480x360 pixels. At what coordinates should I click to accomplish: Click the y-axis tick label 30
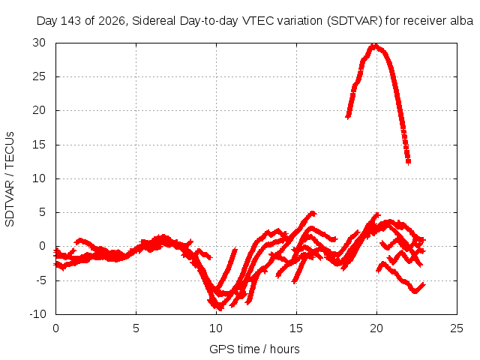click(x=39, y=43)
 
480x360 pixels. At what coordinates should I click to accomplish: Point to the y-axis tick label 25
click(x=39, y=76)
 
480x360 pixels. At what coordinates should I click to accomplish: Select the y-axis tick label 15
click(x=39, y=145)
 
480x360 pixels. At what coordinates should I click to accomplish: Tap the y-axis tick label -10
click(x=37, y=314)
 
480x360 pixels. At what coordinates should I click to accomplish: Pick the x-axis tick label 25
click(x=457, y=328)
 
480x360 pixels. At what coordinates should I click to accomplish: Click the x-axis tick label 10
click(x=216, y=328)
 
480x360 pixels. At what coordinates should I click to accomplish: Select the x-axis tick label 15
click(x=296, y=328)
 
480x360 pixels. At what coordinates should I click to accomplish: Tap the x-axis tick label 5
click(x=136, y=328)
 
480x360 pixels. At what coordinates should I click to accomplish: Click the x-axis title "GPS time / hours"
click(x=254, y=349)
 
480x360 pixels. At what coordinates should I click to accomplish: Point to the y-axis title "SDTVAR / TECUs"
click(x=10, y=179)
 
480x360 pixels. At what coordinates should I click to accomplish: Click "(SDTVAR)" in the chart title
click(x=355, y=21)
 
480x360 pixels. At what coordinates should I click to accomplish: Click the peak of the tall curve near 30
click(x=374, y=46)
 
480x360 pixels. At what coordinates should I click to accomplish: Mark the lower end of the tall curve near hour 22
click(x=408, y=162)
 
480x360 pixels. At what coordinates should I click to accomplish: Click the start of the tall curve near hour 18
click(x=348, y=116)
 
